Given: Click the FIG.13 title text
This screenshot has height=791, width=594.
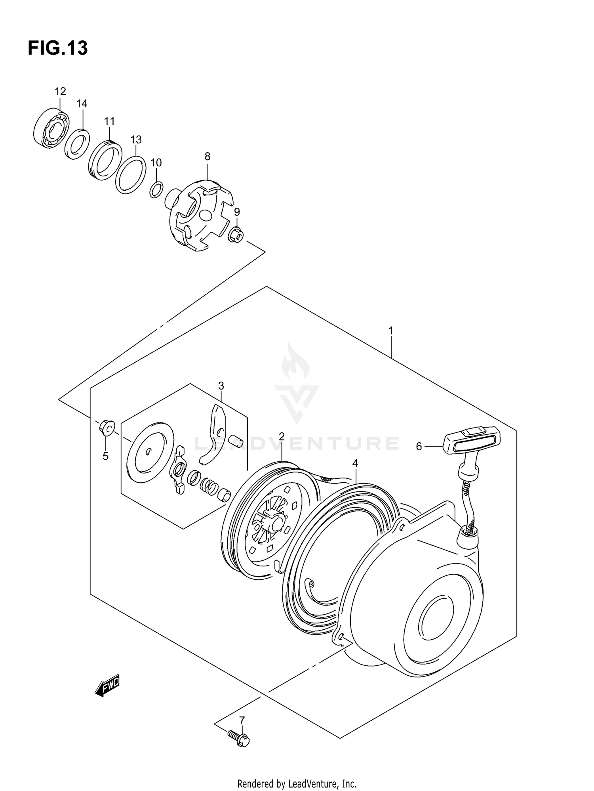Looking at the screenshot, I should click(58, 48).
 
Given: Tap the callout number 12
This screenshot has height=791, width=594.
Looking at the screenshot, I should click(60, 92).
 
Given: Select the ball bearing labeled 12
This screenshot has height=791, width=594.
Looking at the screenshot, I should click(51, 128).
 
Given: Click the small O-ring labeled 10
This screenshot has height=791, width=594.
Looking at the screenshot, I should click(156, 190).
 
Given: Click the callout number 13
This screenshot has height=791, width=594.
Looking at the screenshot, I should click(136, 140).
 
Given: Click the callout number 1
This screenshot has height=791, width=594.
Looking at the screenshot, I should click(390, 331).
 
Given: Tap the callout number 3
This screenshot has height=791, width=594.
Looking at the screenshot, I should click(221, 386).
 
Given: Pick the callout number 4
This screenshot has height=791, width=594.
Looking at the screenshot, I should click(355, 463).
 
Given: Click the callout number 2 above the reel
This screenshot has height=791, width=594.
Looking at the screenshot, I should click(282, 437).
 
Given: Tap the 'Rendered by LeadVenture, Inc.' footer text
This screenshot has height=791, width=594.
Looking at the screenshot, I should click(297, 784).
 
